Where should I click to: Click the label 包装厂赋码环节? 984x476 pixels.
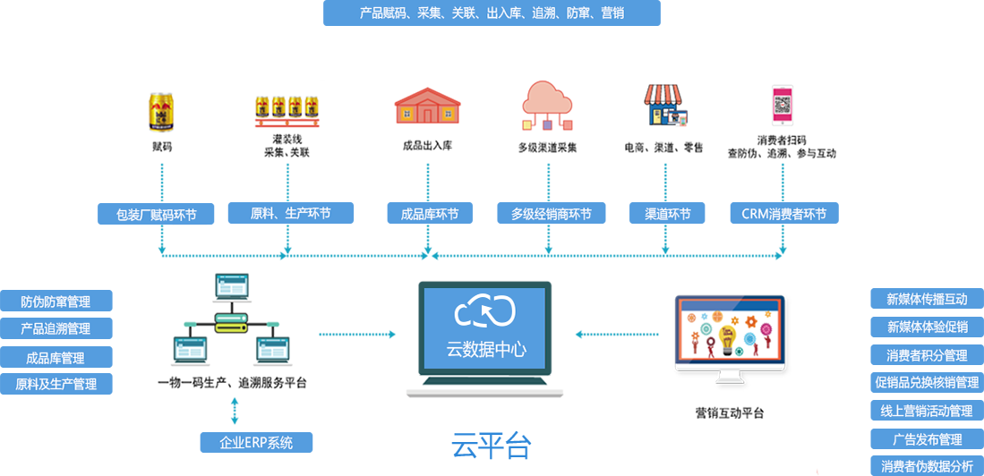[157, 215]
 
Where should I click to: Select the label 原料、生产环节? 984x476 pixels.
[290, 214]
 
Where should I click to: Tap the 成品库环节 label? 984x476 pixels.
[429, 215]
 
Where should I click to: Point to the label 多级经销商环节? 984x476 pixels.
[551, 215]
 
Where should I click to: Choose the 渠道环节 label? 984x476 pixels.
[667, 215]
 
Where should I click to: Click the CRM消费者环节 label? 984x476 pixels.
[783, 215]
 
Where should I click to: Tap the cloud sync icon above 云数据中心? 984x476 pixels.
[485, 310]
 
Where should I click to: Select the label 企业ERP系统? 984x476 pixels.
[256, 443]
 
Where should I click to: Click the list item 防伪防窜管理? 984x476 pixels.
[56, 302]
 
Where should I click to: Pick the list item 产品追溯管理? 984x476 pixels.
[56, 329]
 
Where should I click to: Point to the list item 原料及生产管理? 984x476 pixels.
[56, 385]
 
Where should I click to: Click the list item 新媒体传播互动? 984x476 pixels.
[927, 300]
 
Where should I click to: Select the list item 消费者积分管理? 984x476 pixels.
[927, 355]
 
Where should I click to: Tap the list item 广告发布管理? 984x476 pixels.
[927, 439]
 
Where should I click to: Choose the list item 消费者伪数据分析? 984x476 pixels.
[927, 466]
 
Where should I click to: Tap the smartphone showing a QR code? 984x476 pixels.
[783, 104]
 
